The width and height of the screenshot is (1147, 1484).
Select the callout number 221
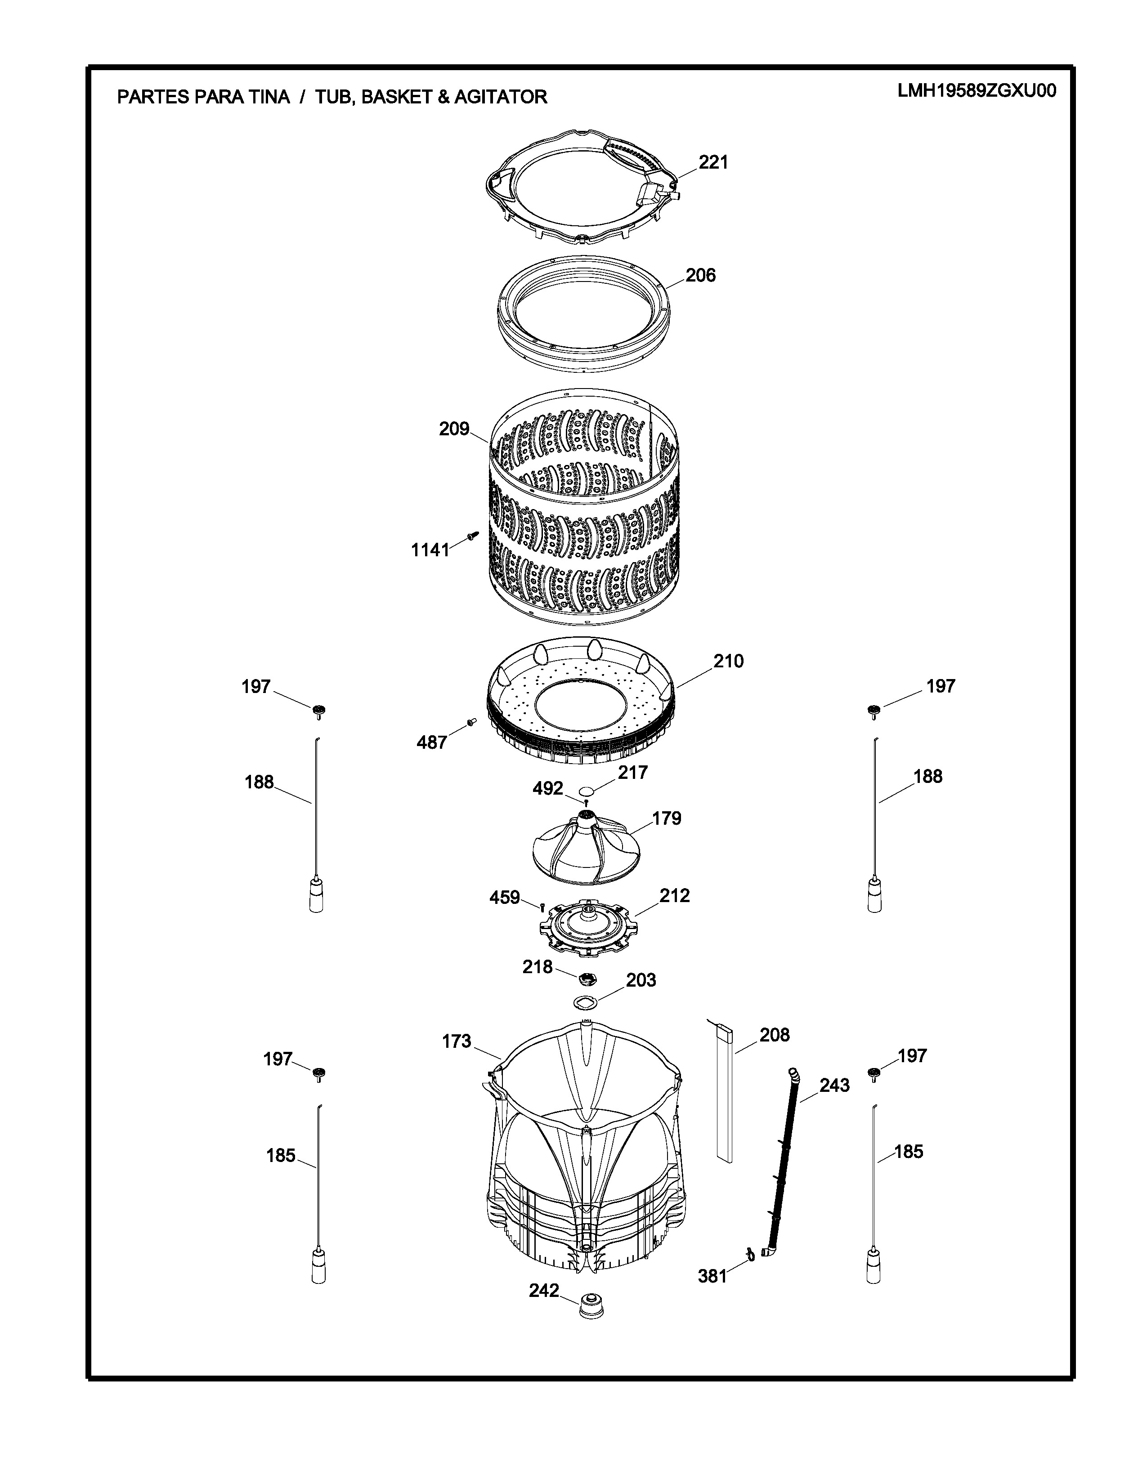713,162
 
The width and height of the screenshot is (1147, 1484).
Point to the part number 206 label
700,275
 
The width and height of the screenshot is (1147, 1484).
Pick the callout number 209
454,429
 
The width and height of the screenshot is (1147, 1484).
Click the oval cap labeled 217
586,791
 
